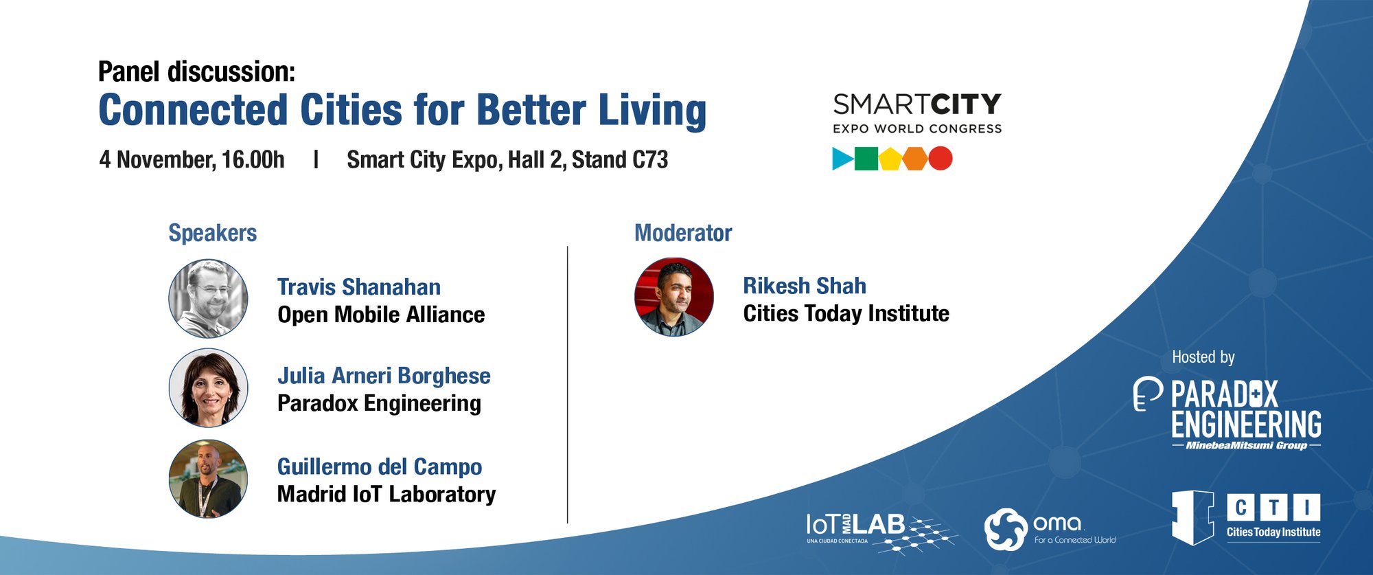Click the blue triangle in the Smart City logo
pyautogui.click(x=841, y=159)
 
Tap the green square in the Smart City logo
pyautogui.click(x=866, y=159)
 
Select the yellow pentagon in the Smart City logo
pyautogui.click(x=890, y=159)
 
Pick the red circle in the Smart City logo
pyautogui.click(x=941, y=159)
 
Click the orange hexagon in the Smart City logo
pyautogui.click(x=915, y=159)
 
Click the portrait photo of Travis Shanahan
pyautogui.click(x=208, y=298)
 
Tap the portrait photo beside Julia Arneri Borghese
pyautogui.click(x=208, y=387)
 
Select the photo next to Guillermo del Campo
pyautogui.click(x=208, y=479)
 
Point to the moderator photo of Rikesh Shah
pyautogui.click(x=674, y=297)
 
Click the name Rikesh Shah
pyautogui.click(x=805, y=286)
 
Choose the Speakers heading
pyautogui.click(x=213, y=233)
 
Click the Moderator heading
pyautogui.click(x=683, y=233)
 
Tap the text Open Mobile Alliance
pyautogui.click(x=381, y=315)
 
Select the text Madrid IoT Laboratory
pyautogui.click(x=386, y=494)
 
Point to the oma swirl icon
pyautogui.click(x=1006, y=529)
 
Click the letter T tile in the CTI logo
pyautogui.click(x=1273, y=508)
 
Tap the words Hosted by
pyautogui.click(x=1203, y=357)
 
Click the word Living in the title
pyautogui.click(x=652, y=111)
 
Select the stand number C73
pyautogui.click(x=650, y=159)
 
